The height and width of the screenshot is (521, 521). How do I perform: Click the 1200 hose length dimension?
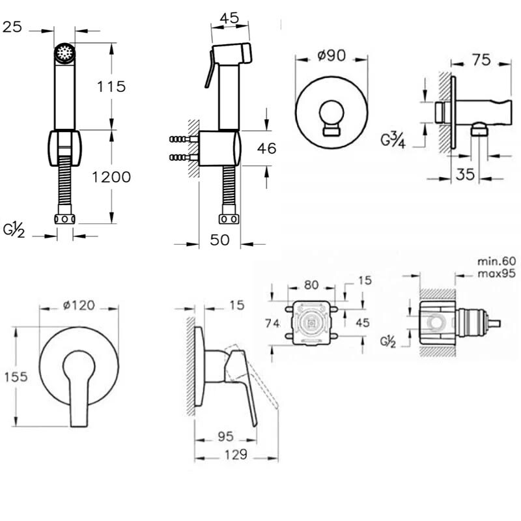[111, 177]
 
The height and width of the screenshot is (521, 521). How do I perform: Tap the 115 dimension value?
[111, 87]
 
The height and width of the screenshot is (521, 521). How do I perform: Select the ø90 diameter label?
[331, 55]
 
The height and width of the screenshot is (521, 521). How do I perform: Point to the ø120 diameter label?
[79, 305]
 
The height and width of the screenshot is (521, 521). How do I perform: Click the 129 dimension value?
[236, 454]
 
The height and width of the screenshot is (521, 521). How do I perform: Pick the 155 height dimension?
[16, 377]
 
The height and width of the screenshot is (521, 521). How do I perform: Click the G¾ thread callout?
[393, 139]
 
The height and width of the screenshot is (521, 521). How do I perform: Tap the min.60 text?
[497, 261]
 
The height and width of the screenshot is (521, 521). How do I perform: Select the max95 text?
[497, 274]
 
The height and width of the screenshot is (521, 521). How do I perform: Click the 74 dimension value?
[272, 323]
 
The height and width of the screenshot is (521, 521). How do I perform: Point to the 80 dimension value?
[311, 285]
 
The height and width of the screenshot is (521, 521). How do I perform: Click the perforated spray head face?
[64, 53]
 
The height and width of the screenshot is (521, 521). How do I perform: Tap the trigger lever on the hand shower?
[209, 70]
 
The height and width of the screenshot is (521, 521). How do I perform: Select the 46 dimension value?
[266, 148]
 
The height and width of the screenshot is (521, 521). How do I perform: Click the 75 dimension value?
[481, 60]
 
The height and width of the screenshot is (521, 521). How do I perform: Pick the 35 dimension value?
[465, 174]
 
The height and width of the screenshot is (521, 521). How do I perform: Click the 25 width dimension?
[12, 27]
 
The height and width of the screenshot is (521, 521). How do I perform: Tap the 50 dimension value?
[219, 240]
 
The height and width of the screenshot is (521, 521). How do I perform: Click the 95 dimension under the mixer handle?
[225, 436]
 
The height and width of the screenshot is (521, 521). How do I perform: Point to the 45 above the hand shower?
[230, 18]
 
